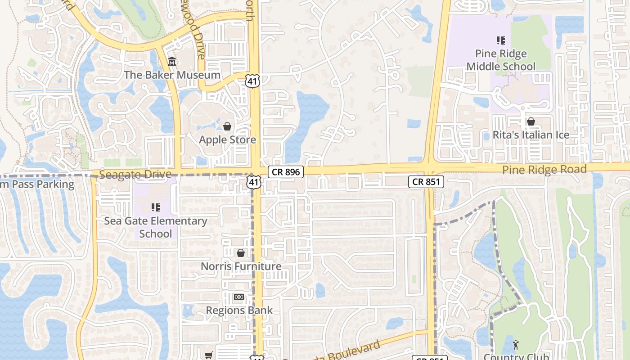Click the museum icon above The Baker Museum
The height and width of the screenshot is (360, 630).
pos(171,62)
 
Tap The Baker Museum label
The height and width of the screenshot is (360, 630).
pos(172,75)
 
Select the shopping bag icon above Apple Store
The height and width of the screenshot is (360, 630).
pos(227,126)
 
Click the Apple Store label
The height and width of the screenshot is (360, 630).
pos(227,139)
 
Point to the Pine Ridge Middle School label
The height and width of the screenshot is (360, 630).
pos(501,60)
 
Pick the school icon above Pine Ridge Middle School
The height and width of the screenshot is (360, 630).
pos(501,41)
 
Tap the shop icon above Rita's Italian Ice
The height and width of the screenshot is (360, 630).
pos(531,121)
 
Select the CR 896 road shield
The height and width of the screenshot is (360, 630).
pos(286,171)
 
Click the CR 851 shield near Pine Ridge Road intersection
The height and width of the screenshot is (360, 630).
pos(426,182)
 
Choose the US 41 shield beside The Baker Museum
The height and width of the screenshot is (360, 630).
pos(252,81)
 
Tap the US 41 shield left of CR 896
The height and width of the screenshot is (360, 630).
pos(254,182)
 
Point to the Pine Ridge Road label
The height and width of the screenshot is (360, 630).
pos(544,170)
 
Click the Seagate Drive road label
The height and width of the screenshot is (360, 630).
pos(135,174)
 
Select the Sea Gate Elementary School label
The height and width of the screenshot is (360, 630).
pos(156,227)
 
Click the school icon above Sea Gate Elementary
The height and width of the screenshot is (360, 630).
pos(156,207)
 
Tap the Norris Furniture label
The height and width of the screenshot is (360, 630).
pos(241,266)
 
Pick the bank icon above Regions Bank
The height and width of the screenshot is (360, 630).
pos(239,297)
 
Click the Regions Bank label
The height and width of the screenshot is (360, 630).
pos(239,310)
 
